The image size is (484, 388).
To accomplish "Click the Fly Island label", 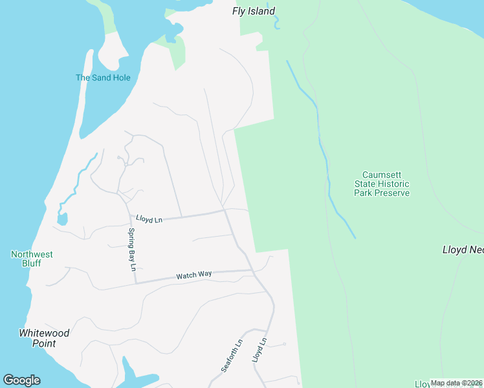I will click(x=254, y=11).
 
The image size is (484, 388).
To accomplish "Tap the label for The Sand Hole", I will click(x=103, y=78).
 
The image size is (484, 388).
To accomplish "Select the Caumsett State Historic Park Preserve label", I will click(x=386, y=184).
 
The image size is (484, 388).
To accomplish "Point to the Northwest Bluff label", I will click(x=32, y=259).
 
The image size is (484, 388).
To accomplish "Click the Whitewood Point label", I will click(x=44, y=338).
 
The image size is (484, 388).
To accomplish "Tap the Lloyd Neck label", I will click(x=463, y=250).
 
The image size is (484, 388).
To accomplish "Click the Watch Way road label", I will click(x=194, y=275).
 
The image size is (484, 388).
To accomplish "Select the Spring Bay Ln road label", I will click(x=132, y=249).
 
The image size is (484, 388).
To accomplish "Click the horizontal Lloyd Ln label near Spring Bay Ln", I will click(x=149, y=220).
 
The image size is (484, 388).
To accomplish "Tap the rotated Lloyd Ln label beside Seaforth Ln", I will click(x=259, y=349).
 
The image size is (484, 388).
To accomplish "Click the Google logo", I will click(x=21, y=380).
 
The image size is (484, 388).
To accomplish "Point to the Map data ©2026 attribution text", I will click(x=457, y=383).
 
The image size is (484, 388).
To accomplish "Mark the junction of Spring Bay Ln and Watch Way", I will click(x=135, y=282).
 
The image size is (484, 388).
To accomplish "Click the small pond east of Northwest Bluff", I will click(x=62, y=219).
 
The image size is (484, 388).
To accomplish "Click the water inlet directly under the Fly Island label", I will click(x=277, y=25).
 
